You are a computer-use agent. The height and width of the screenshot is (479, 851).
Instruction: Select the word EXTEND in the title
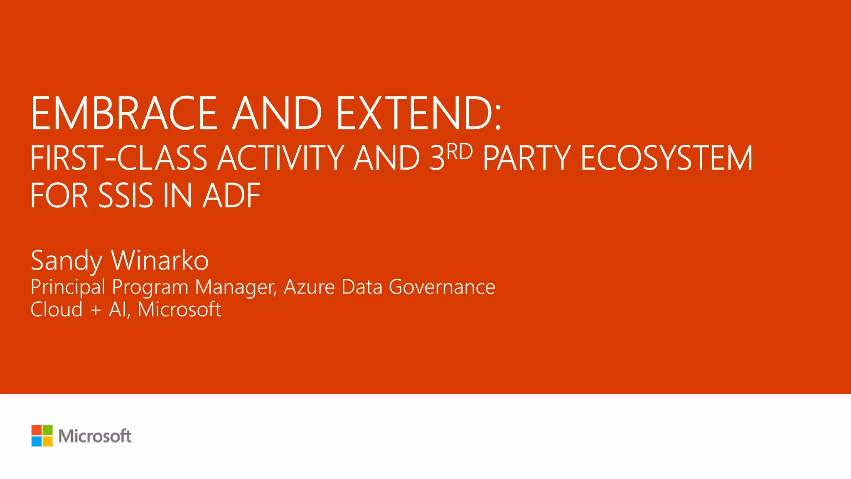click(x=416, y=113)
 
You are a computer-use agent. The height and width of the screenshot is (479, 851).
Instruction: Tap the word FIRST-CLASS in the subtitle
click(x=119, y=158)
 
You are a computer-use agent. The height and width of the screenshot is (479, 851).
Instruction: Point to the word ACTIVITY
click(x=281, y=158)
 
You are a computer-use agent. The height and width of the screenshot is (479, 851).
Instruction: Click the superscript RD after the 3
click(x=460, y=151)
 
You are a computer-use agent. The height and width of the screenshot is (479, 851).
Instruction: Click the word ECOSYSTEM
click(x=667, y=158)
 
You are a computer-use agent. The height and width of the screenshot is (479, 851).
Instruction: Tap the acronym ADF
click(x=231, y=196)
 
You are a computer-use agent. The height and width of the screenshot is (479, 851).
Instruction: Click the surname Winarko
click(x=160, y=261)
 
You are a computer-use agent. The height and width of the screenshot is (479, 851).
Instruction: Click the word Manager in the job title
click(x=236, y=287)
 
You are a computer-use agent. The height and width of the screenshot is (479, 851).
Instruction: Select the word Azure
click(x=309, y=287)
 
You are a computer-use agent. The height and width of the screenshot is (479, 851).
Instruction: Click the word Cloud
click(x=57, y=310)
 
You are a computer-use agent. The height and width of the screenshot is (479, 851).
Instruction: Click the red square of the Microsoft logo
click(x=37, y=430)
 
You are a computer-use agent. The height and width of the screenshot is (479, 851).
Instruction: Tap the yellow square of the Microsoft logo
click(x=48, y=441)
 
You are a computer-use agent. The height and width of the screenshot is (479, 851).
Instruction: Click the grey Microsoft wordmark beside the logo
click(x=95, y=436)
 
